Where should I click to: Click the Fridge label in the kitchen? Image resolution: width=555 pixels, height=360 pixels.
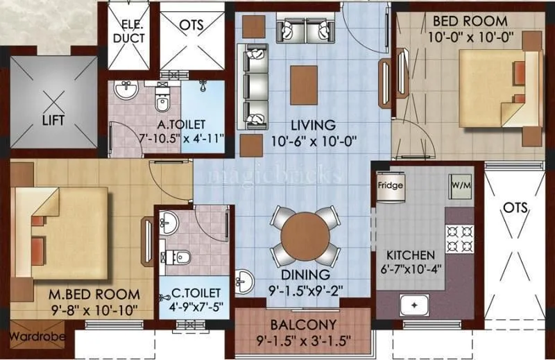pyautogui.click(x=390, y=186)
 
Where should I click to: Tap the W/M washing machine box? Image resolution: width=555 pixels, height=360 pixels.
pyautogui.click(x=459, y=186)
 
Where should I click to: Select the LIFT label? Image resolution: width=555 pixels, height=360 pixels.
pyautogui.click(x=53, y=120)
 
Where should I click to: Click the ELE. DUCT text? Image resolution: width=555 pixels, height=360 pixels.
pyautogui.click(x=129, y=31)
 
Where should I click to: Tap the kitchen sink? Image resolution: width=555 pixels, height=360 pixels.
pyautogui.click(x=415, y=305)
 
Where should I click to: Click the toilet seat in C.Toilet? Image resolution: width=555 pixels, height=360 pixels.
pyautogui.click(x=180, y=257)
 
